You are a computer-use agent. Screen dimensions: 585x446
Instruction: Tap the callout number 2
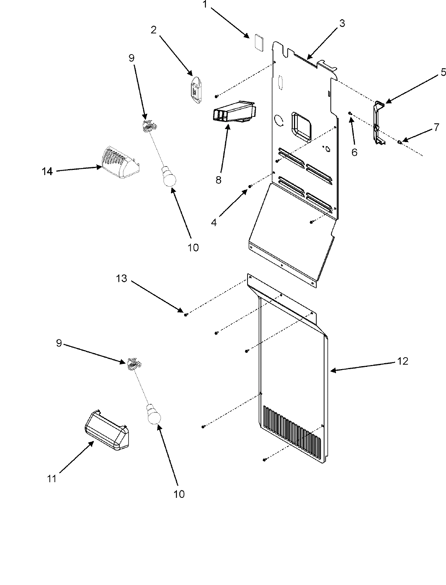(153, 30)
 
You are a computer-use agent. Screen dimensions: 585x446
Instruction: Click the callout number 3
(342, 23)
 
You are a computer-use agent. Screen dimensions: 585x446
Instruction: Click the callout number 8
(218, 180)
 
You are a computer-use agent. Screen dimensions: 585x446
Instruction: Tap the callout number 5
(443, 72)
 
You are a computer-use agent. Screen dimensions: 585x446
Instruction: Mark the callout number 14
(47, 171)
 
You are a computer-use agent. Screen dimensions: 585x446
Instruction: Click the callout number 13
(123, 278)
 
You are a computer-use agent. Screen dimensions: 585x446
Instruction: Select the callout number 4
(214, 223)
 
